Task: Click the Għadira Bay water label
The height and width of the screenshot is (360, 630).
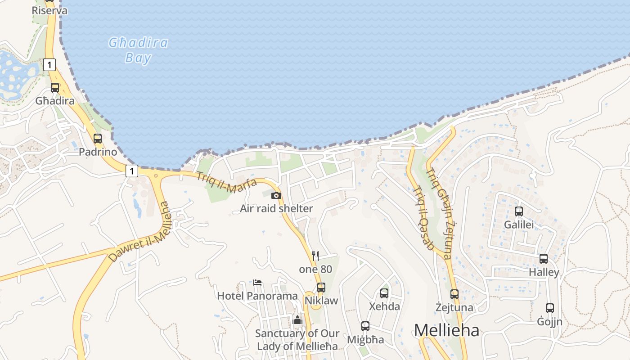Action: tap(138, 50)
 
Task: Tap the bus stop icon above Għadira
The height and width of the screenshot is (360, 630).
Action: tap(55, 88)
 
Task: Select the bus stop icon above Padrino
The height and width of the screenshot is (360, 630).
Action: tap(98, 139)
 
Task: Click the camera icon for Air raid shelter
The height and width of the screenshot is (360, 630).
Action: tap(276, 195)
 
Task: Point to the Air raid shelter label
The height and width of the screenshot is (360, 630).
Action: tap(276, 208)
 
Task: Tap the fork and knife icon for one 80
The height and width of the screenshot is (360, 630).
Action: tap(315, 256)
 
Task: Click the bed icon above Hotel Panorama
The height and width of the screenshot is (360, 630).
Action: tap(257, 283)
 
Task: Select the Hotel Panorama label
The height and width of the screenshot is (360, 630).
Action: tap(257, 296)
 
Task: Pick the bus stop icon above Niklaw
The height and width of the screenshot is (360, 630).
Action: tap(321, 287)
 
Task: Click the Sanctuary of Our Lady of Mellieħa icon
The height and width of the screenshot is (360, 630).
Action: tap(297, 320)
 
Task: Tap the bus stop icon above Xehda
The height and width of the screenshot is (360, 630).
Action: tap(384, 293)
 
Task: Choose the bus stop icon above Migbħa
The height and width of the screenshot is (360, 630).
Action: tap(365, 326)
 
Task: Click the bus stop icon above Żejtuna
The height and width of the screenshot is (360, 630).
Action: tap(454, 294)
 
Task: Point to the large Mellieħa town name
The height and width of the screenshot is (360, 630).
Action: tap(446, 330)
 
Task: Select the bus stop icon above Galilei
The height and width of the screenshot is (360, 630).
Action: tap(519, 211)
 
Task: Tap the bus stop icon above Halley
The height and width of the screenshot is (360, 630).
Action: tap(544, 259)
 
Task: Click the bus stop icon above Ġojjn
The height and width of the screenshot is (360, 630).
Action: tap(550, 308)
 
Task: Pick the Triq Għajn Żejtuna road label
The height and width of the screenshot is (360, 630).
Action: tap(439, 213)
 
